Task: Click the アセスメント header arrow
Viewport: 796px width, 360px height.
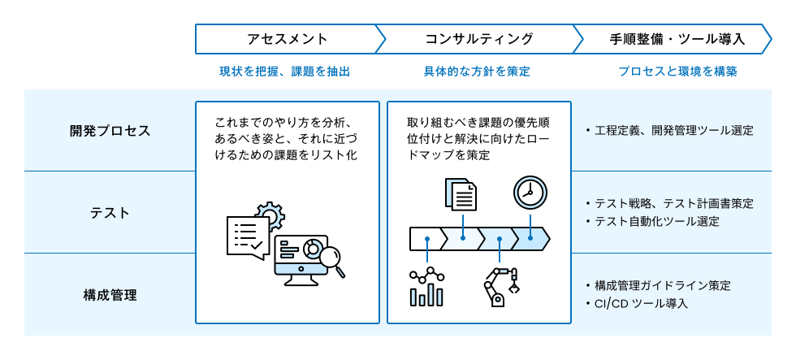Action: pos(287,38)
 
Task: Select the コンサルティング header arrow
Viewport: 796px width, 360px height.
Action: pos(478,38)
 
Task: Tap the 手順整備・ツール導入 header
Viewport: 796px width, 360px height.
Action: pos(677,38)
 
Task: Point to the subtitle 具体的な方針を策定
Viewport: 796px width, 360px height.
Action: pos(477,72)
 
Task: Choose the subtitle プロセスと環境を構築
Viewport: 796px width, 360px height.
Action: pos(677,72)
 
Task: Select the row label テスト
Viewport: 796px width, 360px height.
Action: pos(110,212)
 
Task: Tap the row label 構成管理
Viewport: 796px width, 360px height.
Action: pos(110,294)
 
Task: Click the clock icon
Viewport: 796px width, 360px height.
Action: pos(530,193)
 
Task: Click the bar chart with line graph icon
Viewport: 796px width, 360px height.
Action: pos(426,287)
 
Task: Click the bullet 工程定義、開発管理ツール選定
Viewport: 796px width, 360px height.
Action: pos(673,130)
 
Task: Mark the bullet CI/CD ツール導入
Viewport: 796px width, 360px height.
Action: pos(641,303)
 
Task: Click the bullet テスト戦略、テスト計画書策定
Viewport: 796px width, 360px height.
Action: pos(673,203)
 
